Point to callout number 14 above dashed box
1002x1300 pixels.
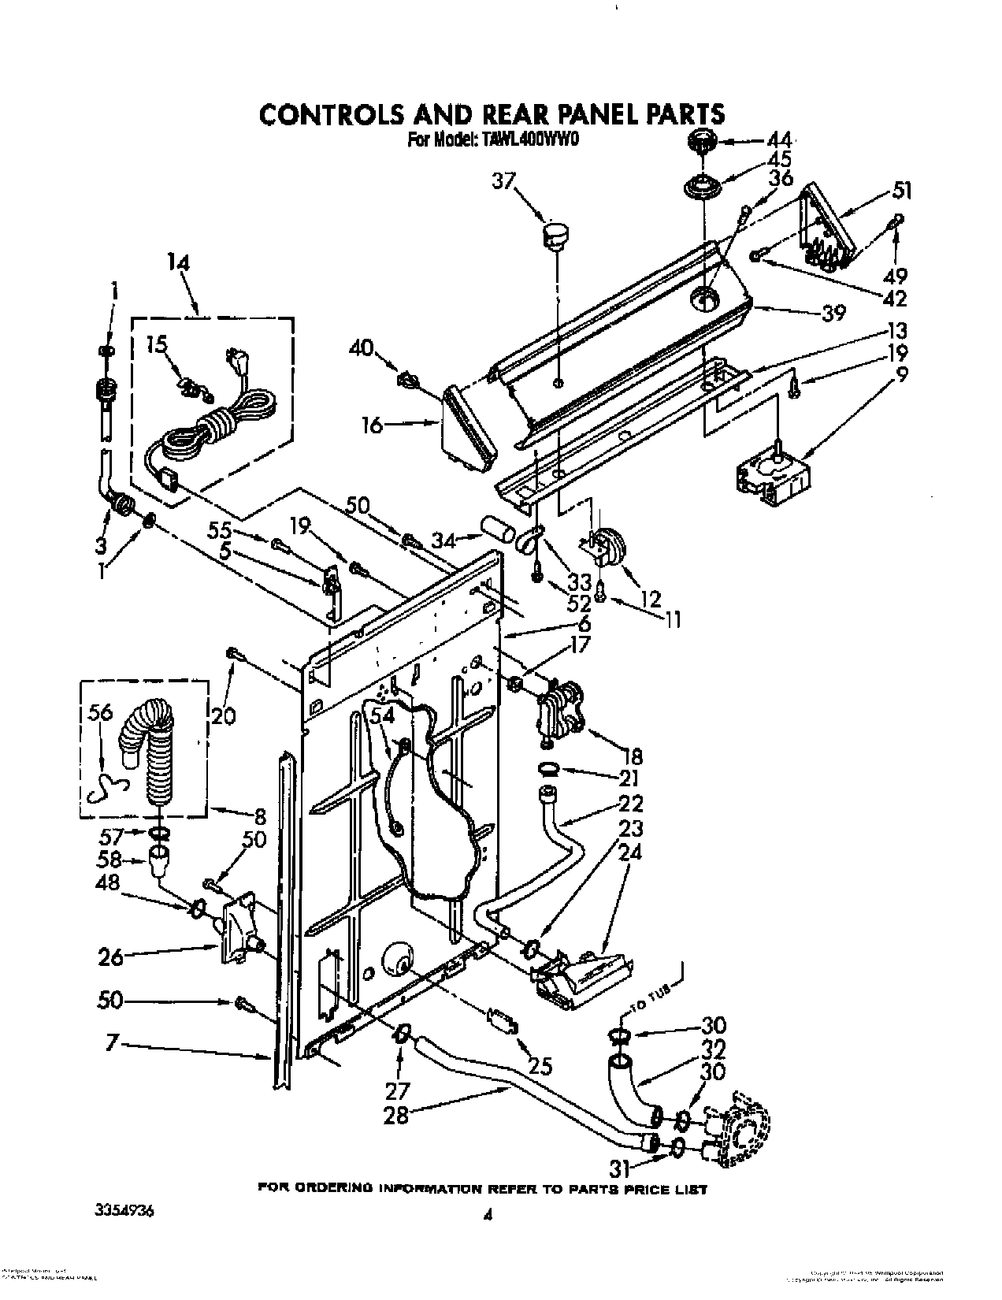coord(179,262)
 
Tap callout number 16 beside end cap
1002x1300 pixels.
coord(372,426)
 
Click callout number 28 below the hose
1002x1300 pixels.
coord(396,1116)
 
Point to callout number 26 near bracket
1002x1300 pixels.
coord(111,957)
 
